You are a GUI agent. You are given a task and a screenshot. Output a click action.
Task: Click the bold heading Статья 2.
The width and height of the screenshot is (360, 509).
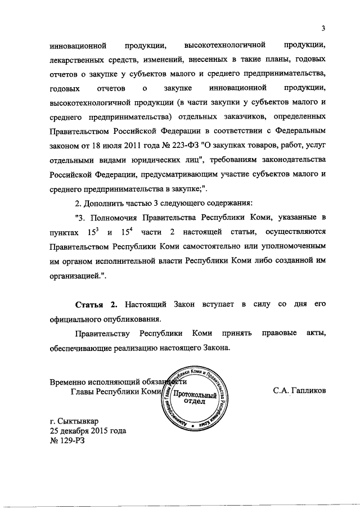click(x=96, y=304)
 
